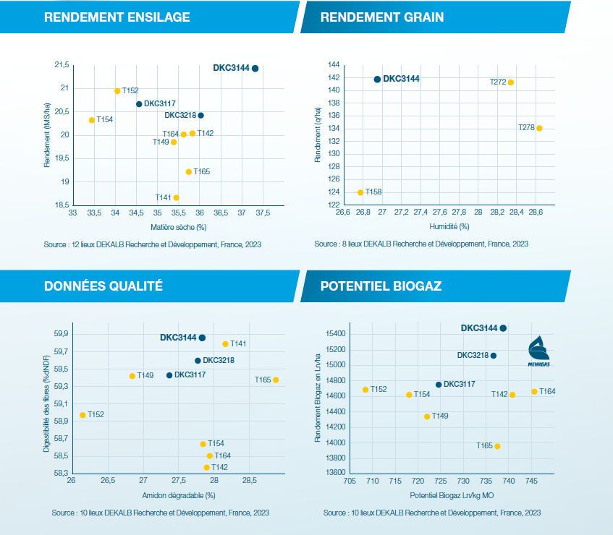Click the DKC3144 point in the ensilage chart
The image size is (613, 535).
[255, 68]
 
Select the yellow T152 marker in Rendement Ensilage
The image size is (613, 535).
[117, 91]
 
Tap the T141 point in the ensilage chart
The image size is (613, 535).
[176, 197]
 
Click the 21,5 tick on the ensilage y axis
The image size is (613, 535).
[62, 65]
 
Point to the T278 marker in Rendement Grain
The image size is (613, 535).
[539, 128]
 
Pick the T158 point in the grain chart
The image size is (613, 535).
[360, 192]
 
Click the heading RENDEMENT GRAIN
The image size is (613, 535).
[381, 17]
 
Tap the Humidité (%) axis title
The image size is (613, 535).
[449, 226]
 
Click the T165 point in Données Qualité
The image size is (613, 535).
[276, 380]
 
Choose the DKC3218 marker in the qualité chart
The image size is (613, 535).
[198, 360]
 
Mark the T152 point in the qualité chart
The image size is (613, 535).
[83, 415]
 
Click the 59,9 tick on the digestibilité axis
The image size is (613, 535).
[61, 334]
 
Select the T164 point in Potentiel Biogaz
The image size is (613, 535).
[534, 391]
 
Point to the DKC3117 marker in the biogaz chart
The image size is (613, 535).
[439, 385]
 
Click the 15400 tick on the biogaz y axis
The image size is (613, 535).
[333, 334]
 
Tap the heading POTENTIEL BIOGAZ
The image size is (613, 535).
[381, 286]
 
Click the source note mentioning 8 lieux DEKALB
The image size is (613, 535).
[421, 244]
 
